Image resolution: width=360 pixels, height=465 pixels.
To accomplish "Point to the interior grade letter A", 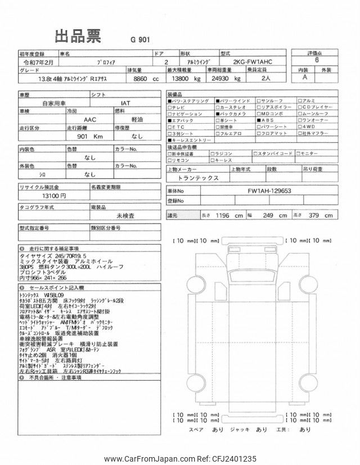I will (x=304, y=79).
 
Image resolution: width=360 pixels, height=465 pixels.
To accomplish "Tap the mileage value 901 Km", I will (x=91, y=136).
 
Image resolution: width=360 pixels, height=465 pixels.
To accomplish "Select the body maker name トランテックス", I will (x=197, y=177).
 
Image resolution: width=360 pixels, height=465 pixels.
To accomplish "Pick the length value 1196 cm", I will (x=230, y=215).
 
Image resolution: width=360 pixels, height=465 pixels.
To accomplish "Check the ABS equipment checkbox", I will (x=259, y=120).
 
